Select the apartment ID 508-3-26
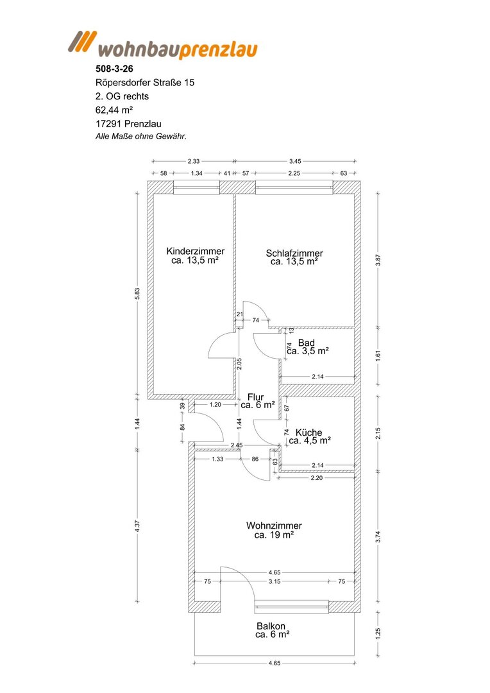pyautogui.click(x=114, y=69)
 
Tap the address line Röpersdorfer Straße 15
pyautogui.click(x=145, y=83)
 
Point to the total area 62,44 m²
pyautogui.click(x=114, y=110)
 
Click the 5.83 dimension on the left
pyautogui.click(x=137, y=294)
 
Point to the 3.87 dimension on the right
pyautogui.click(x=378, y=260)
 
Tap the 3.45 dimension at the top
pyautogui.click(x=295, y=161)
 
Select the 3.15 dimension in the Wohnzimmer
pyautogui.click(x=275, y=581)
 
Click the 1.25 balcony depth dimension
pyautogui.click(x=378, y=633)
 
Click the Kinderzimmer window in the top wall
pyautogui.click(x=197, y=187)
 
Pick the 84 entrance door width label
pyautogui.click(x=183, y=427)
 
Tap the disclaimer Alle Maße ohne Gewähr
pyautogui.click(x=141, y=137)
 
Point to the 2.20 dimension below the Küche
pyautogui.click(x=317, y=478)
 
